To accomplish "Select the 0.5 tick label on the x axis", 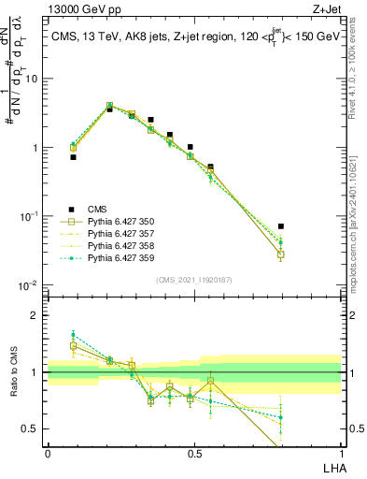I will click(x=194, y=452).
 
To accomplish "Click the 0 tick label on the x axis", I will click(x=48, y=452).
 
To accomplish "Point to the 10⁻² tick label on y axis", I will click(x=29, y=285).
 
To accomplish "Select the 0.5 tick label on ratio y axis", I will click(x=33, y=428).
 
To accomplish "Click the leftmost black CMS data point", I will click(x=73, y=157).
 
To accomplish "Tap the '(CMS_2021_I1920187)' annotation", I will click(x=193, y=279).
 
